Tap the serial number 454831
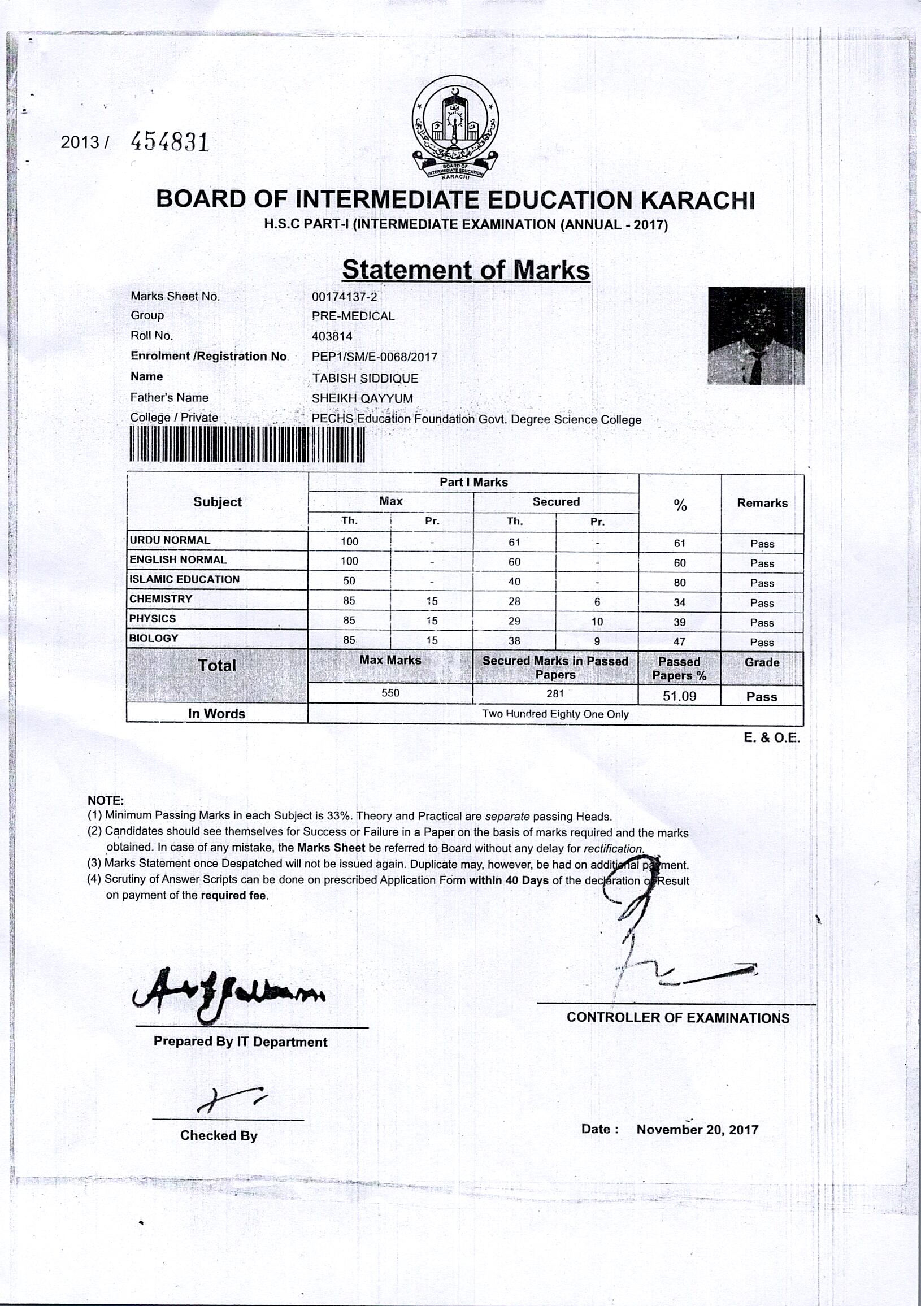click(x=170, y=141)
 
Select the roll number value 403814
click(x=332, y=336)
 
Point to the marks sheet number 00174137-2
click(x=344, y=296)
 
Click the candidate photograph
click(x=756, y=336)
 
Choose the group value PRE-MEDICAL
click(x=353, y=316)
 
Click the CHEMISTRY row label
click(x=161, y=599)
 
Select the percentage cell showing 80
click(x=679, y=583)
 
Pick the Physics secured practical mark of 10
click(x=597, y=622)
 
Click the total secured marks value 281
click(x=555, y=693)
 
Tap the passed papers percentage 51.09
click(x=679, y=696)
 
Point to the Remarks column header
click(x=762, y=503)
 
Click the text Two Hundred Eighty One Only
click(x=555, y=714)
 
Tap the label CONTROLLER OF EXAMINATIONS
click(x=677, y=1018)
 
